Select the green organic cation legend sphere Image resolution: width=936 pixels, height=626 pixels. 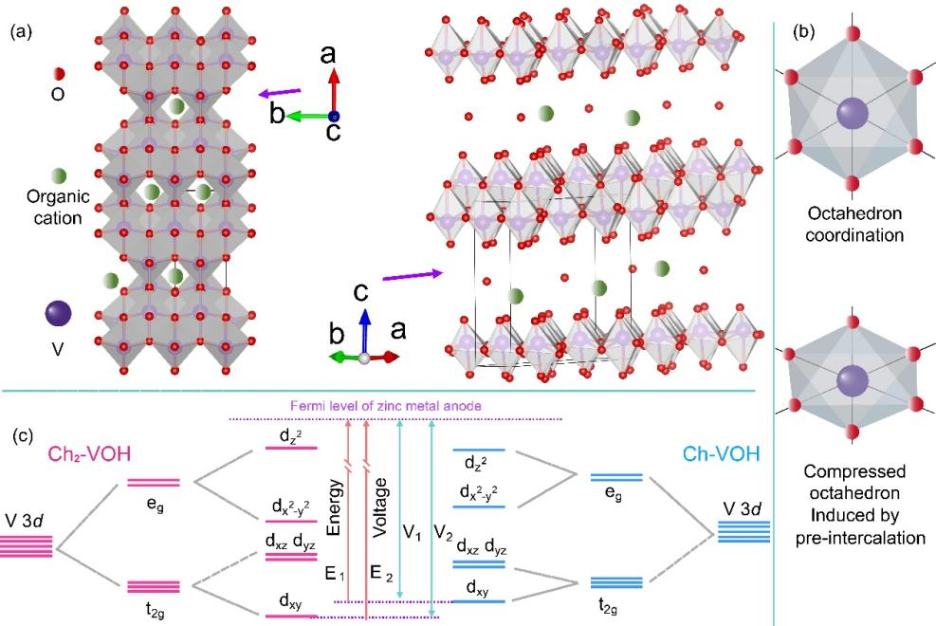click(59, 176)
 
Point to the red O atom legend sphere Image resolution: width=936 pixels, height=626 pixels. click(59, 73)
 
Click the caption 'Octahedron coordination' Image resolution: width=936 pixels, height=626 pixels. click(850, 225)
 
